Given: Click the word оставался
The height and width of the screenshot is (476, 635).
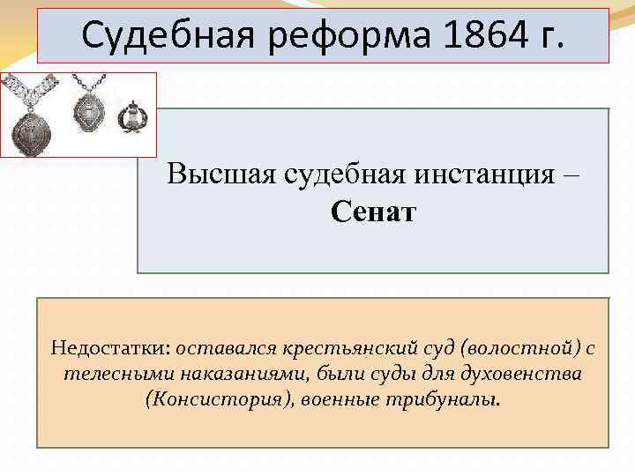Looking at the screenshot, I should [217, 348].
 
